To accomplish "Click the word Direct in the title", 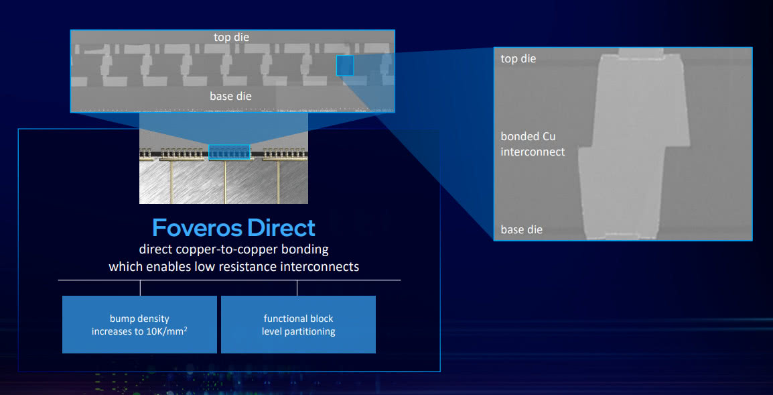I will (281, 228).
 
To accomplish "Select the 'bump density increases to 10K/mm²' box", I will (139, 325).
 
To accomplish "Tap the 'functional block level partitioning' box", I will (298, 325).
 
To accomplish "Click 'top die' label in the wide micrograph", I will (231, 38).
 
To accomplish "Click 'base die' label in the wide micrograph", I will (230, 97).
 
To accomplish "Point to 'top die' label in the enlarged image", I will (518, 59).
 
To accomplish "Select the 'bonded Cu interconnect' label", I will (533, 144).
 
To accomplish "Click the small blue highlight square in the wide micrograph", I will (344, 66).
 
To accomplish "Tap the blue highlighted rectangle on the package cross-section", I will (229, 152).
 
